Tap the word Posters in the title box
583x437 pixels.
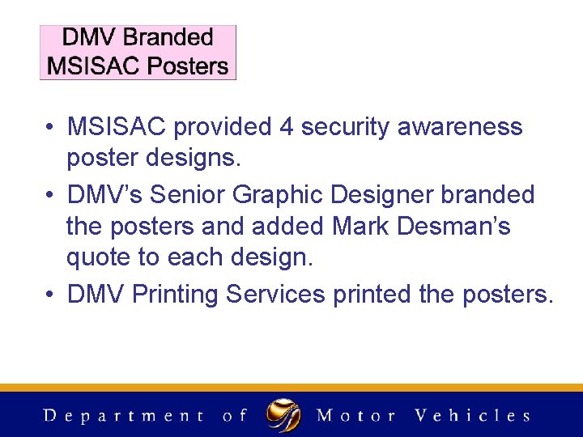[187, 66]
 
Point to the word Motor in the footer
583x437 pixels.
[355, 416]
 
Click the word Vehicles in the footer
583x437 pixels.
[472, 416]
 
